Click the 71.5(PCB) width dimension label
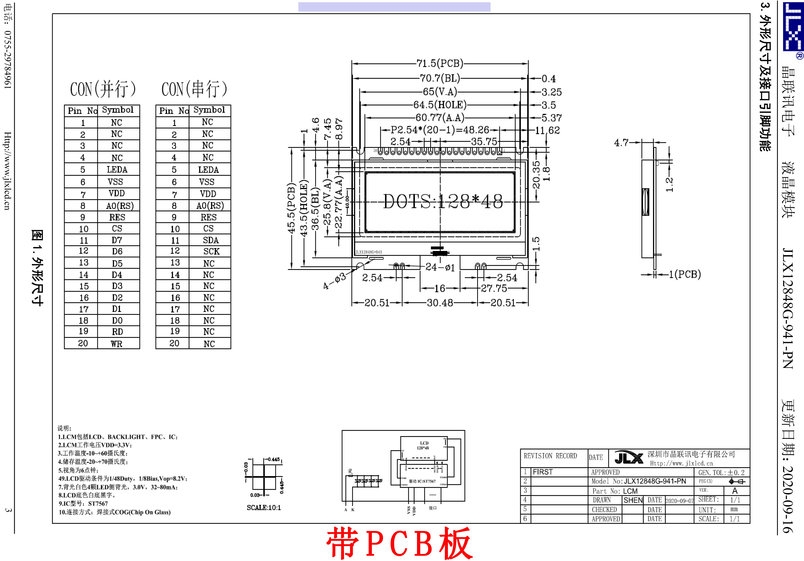point(440,63)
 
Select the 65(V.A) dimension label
point(440,92)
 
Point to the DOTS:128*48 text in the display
point(443,201)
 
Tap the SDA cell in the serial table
point(210,240)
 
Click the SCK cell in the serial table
point(211,251)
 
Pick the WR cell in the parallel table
point(116,344)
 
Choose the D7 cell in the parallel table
point(116,240)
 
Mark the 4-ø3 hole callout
point(334,281)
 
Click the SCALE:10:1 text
point(263,508)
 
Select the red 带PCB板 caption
point(399,544)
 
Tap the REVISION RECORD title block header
point(550,456)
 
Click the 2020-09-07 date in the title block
point(679,501)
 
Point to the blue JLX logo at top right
point(793,26)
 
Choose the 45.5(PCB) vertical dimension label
point(291,208)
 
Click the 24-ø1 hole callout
point(440,267)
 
